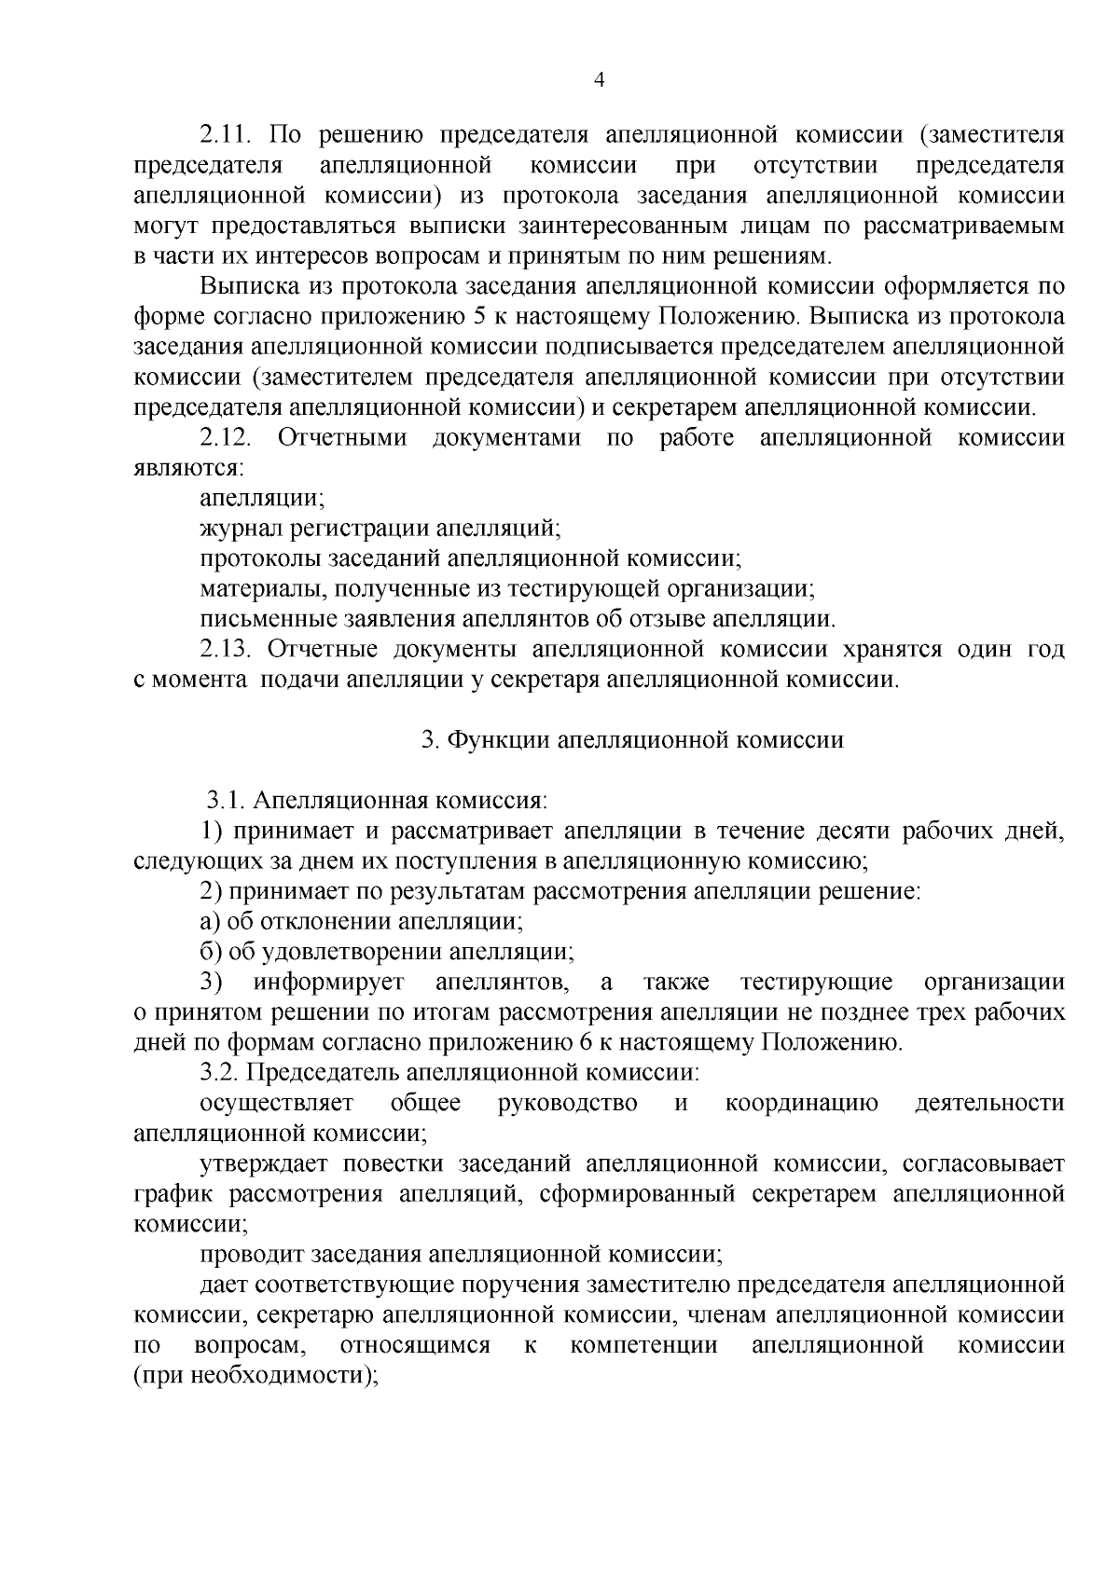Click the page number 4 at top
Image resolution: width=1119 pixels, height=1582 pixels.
click(x=600, y=80)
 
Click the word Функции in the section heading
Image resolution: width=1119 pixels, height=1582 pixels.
click(x=495, y=740)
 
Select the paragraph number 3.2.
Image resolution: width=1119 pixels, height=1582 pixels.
click(x=221, y=1073)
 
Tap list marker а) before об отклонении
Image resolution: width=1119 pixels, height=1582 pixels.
click(x=211, y=922)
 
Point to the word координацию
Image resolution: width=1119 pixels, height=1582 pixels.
click(x=801, y=1104)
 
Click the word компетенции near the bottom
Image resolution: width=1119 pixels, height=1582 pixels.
click(x=643, y=1345)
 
